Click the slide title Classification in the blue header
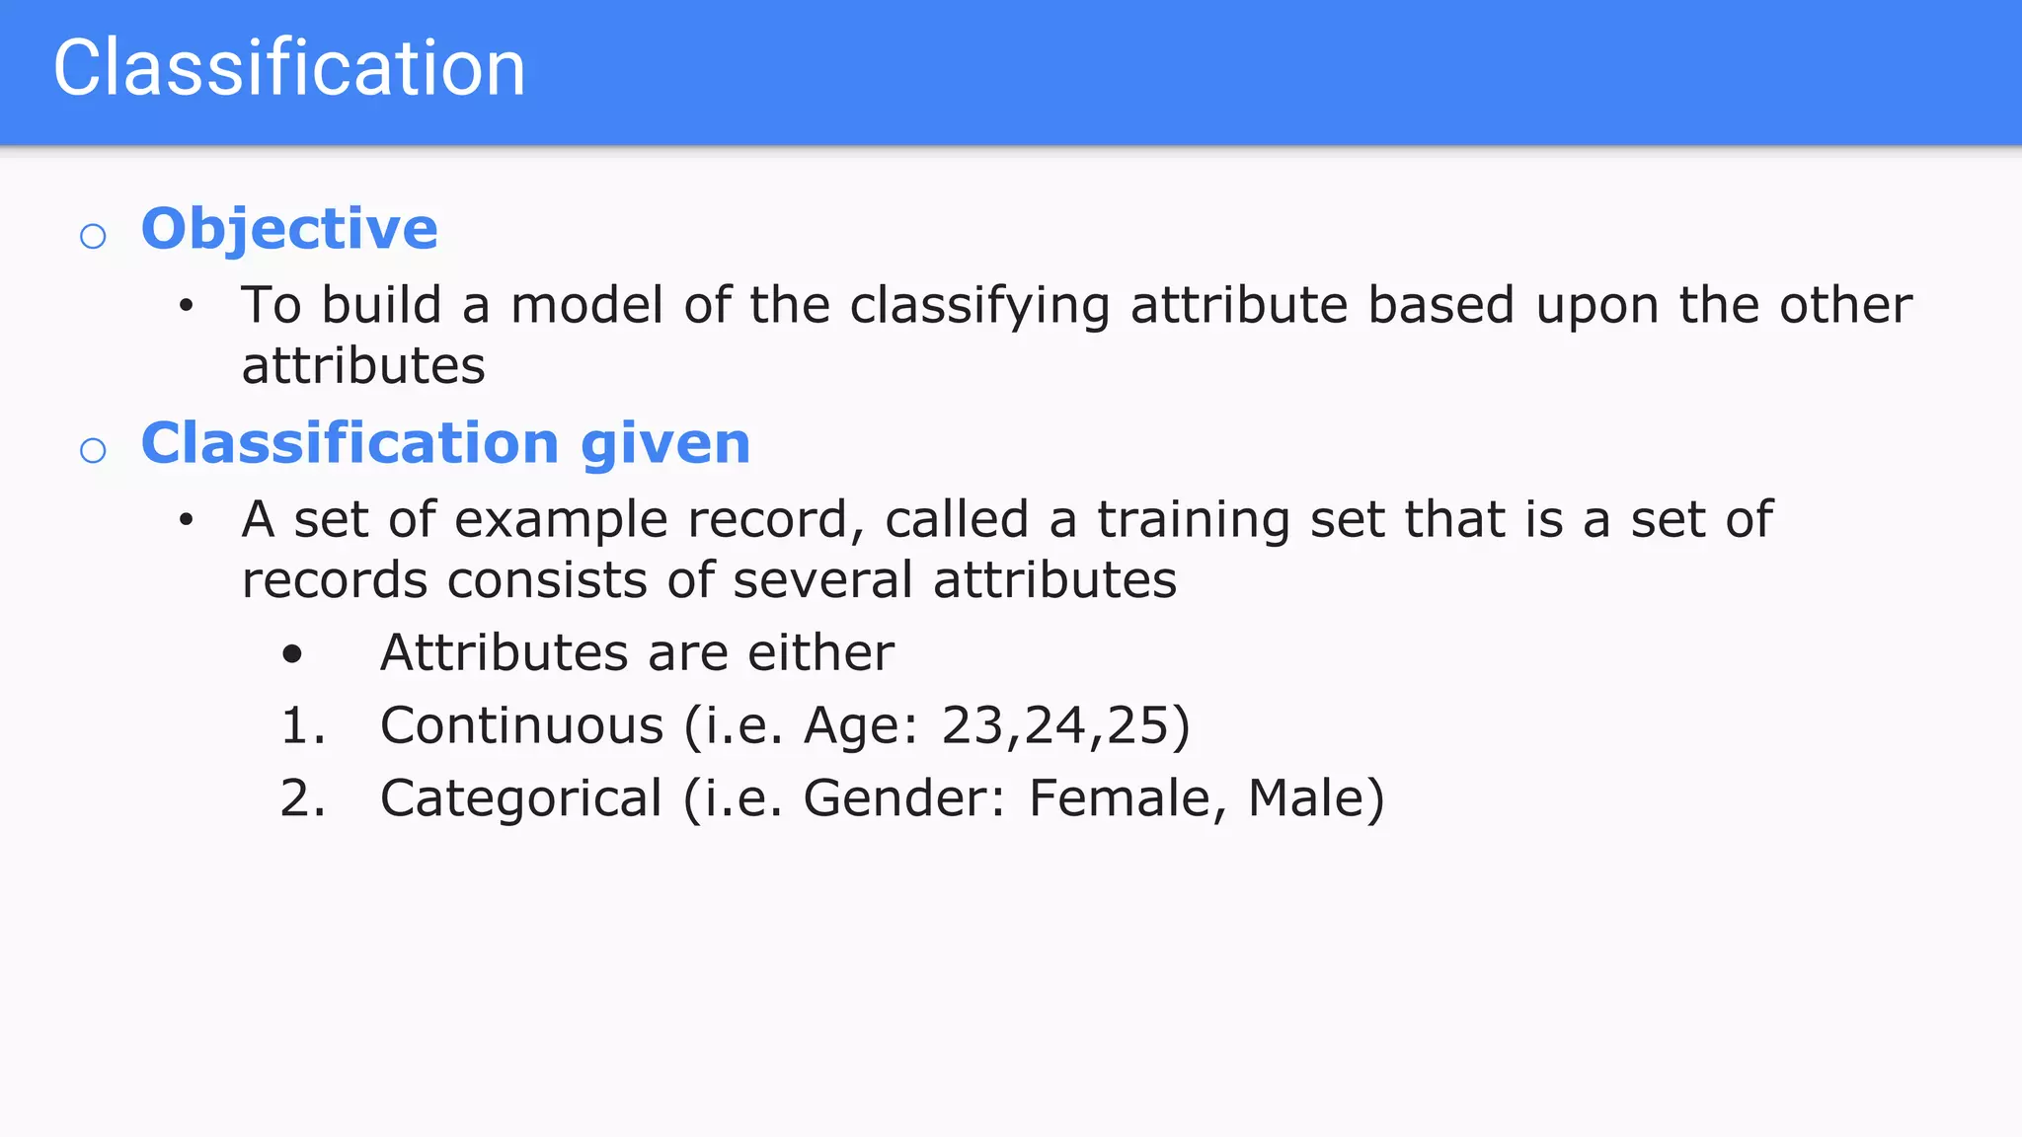(289, 68)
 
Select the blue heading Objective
(289, 229)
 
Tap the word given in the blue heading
(665, 443)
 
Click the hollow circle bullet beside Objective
(93, 236)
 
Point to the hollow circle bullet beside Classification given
(93, 450)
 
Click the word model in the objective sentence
(586, 305)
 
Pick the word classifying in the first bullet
(979, 307)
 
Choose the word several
(822, 579)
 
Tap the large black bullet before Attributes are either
(292, 653)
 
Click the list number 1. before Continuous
(302, 725)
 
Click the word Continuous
(521, 725)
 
